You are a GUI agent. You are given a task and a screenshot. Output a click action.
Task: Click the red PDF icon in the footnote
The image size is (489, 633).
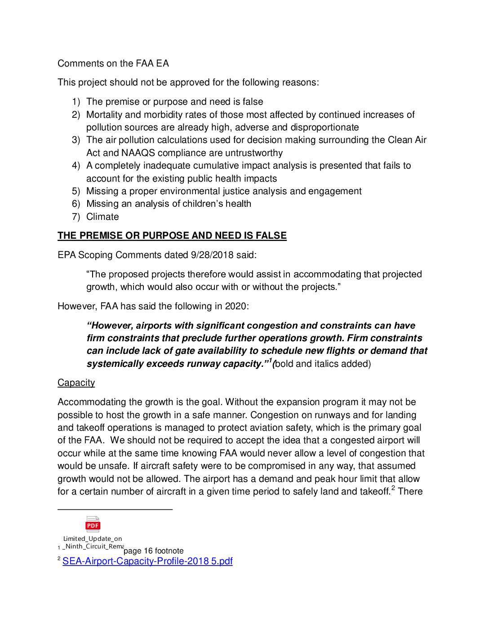93,524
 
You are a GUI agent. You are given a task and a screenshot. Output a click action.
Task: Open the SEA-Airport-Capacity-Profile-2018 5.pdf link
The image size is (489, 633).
147,561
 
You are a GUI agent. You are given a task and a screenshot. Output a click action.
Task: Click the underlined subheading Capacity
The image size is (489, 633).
76,383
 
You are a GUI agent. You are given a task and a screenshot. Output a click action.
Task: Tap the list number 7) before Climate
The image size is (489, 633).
76,217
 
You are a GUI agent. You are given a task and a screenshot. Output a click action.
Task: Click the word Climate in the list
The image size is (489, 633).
102,217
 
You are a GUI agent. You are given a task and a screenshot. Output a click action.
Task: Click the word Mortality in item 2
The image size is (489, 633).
104,115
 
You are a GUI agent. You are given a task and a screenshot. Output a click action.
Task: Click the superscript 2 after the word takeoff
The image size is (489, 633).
393,488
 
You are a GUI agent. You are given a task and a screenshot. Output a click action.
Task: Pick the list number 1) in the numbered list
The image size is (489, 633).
76,102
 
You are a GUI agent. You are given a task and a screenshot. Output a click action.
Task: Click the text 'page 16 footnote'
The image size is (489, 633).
153,551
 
